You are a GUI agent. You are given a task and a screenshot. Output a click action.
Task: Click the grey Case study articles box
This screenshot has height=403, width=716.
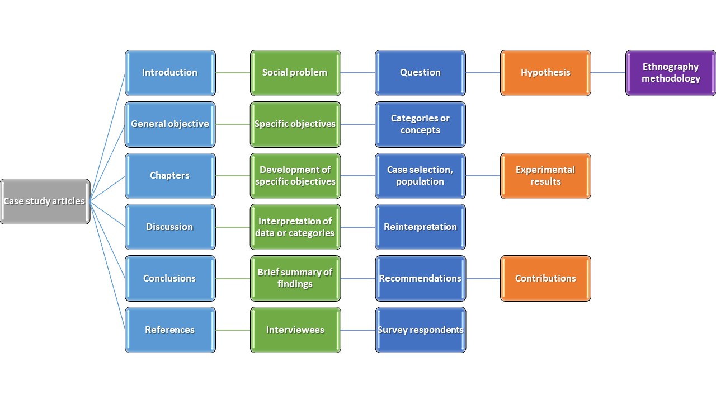click(x=45, y=201)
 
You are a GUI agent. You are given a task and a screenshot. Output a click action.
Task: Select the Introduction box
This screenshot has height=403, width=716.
click(x=170, y=73)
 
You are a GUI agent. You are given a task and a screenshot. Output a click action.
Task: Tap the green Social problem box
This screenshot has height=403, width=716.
click(x=295, y=73)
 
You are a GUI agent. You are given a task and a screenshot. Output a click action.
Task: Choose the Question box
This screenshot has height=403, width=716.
click(x=420, y=73)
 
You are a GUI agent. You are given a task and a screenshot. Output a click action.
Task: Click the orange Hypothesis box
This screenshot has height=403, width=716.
click(x=545, y=73)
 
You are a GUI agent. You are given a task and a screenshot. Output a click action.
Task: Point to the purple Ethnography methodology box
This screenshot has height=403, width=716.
click(x=671, y=73)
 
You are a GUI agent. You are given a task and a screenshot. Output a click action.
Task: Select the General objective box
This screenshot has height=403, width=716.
click(x=170, y=124)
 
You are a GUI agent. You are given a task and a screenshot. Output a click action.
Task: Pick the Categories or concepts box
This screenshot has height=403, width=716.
click(x=420, y=124)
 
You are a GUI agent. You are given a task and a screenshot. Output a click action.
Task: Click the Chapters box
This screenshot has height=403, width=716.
click(x=170, y=176)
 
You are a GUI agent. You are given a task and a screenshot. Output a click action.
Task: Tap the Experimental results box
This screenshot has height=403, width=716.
click(x=545, y=176)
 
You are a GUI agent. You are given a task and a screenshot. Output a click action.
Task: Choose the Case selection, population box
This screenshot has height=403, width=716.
click(x=420, y=176)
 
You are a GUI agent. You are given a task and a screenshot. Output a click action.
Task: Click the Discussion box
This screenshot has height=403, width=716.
click(x=170, y=227)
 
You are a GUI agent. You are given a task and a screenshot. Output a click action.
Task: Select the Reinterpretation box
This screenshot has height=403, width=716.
click(x=420, y=227)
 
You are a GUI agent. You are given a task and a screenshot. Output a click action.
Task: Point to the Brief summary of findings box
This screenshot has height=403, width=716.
click(x=295, y=278)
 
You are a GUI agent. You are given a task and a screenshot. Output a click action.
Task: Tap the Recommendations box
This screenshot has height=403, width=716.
click(x=420, y=278)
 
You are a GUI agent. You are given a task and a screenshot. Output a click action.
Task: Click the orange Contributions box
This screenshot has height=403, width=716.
click(x=545, y=278)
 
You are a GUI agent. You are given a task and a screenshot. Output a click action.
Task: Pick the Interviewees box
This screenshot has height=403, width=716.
click(x=295, y=330)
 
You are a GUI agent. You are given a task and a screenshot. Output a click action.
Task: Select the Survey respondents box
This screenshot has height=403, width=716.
click(x=420, y=330)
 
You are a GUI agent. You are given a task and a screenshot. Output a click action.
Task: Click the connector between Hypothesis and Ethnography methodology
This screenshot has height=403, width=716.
click(x=608, y=73)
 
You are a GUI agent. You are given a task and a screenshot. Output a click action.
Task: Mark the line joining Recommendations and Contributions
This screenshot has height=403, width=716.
click(x=483, y=279)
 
